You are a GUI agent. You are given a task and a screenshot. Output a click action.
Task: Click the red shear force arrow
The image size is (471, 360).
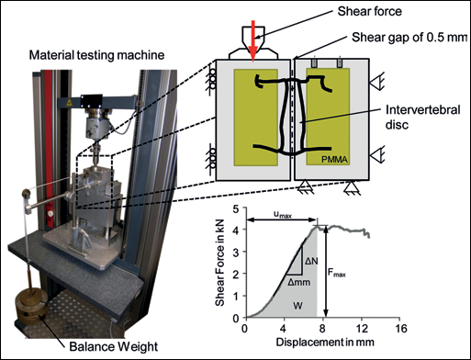(x=252, y=41)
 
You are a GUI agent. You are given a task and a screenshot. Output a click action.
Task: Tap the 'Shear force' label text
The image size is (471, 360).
(x=369, y=12)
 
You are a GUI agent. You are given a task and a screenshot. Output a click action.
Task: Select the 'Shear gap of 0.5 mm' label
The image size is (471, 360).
(x=409, y=38)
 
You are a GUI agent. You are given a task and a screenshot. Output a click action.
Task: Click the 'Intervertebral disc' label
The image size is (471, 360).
(x=422, y=117)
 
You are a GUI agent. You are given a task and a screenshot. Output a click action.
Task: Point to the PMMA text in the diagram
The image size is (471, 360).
(x=335, y=159)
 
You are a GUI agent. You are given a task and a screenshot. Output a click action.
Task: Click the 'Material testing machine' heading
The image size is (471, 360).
(x=96, y=55)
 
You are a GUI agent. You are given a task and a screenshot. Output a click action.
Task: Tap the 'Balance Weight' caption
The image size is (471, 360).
(x=114, y=347)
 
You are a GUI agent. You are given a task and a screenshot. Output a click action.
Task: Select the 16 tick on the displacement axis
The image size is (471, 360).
(x=399, y=329)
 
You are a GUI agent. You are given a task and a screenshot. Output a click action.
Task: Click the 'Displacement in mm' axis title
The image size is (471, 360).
(x=325, y=342)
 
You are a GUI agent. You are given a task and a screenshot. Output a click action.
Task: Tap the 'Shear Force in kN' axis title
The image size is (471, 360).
(x=219, y=262)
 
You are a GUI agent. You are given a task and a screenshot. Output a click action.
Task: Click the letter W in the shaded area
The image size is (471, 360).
(x=297, y=305)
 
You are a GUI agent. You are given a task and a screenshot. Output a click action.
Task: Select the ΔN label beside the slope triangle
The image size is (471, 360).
(x=311, y=261)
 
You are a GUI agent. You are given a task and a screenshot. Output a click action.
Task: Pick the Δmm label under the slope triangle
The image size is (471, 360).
(x=298, y=282)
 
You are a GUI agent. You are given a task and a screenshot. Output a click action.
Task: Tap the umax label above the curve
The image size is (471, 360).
(x=283, y=215)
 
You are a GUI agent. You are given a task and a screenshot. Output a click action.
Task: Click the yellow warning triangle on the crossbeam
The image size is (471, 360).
(x=69, y=103)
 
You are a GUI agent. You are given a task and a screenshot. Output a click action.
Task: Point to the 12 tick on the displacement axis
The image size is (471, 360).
(x=362, y=329)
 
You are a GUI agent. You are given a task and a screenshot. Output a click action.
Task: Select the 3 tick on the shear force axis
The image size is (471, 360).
(x=236, y=252)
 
